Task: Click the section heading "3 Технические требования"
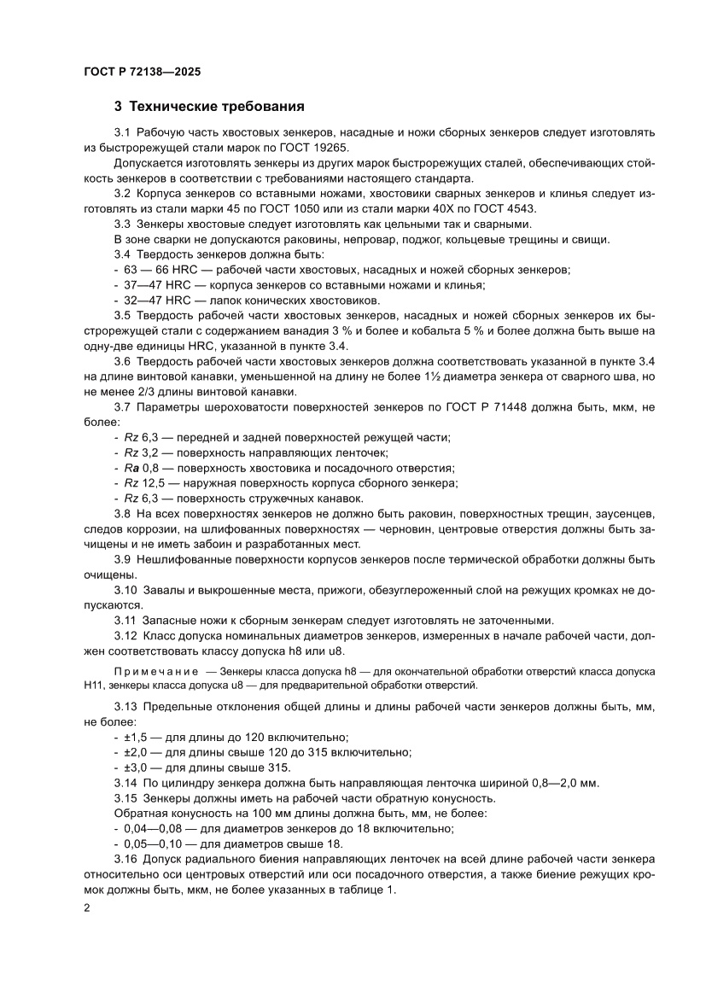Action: tap(210, 108)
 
